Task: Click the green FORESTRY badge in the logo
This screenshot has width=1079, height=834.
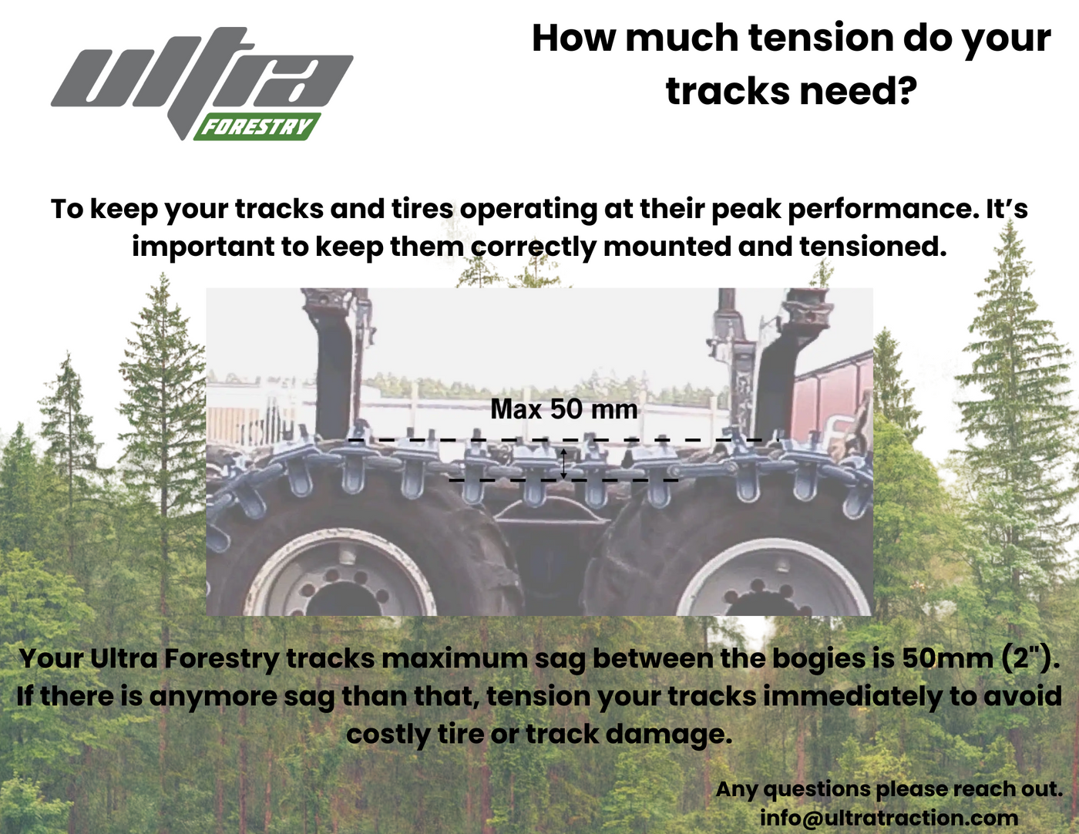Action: tap(257, 126)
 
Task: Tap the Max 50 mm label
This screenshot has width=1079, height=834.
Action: tap(564, 409)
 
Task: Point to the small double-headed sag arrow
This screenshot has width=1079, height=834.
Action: tap(563, 462)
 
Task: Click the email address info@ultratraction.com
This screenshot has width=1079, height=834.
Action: tap(889, 817)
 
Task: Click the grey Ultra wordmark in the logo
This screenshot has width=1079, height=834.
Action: tap(200, 77)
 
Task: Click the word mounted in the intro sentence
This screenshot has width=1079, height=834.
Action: tap(667, 247)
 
